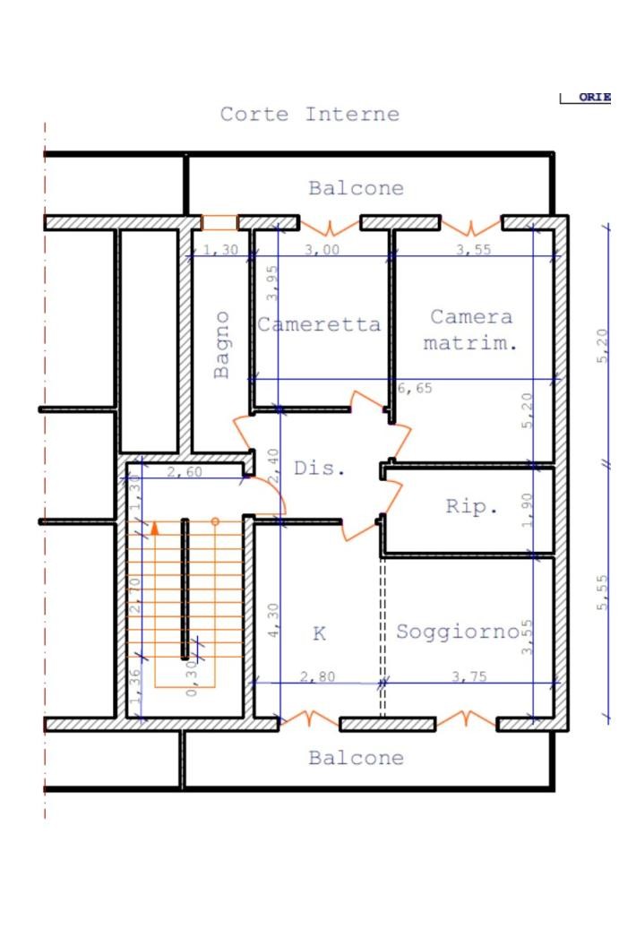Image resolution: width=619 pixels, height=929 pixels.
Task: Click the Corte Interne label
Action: [309, 115]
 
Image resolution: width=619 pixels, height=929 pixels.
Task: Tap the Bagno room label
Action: [222, 344]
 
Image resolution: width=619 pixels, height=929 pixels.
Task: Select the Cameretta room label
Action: [319, 324]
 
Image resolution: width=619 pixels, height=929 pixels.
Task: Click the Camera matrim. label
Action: [471, 329]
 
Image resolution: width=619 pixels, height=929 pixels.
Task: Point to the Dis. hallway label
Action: [319, 469]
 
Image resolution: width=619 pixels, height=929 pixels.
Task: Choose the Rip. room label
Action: [472, 506]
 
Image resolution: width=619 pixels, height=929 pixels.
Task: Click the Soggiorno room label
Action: [457, 632]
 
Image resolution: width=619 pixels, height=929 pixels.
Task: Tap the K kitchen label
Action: [319, 634]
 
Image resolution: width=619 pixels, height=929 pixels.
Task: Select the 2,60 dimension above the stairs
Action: [184, 472]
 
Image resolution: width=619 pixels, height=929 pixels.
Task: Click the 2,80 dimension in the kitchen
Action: [317, 676]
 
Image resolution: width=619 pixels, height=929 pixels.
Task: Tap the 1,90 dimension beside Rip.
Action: [528, 509]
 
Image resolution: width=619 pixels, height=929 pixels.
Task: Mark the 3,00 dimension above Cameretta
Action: [322, 250]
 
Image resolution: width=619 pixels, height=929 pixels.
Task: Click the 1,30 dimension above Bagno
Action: [220, 250]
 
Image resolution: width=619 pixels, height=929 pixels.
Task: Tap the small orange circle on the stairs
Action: [215, 520]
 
